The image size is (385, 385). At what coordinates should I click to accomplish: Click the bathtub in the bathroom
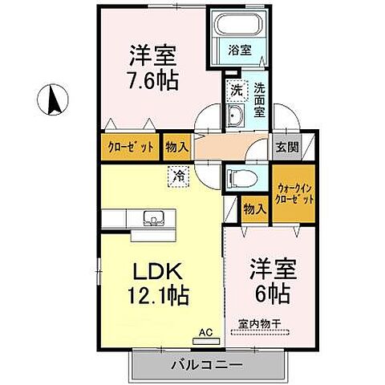[x=234, y=28]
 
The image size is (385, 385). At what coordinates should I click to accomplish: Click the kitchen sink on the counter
[x=152, y=217]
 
